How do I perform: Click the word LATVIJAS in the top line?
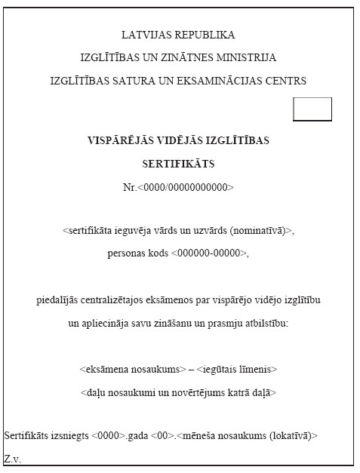pyautogui.click(x=146, y=35)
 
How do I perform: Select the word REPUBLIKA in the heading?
pyautogui.click(x=205, y=35)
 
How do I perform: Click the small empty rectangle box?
pyautogui.click(x=312, y=109)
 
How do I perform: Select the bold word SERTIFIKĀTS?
pyautogui.click(x=179, y=163)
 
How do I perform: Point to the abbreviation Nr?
pyautogui.click(x=130, y=186)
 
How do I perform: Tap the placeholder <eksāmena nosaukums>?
pyautogui.click(x=132, y=370)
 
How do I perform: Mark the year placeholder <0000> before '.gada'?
pyautogui.click(x=107, y=436)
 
